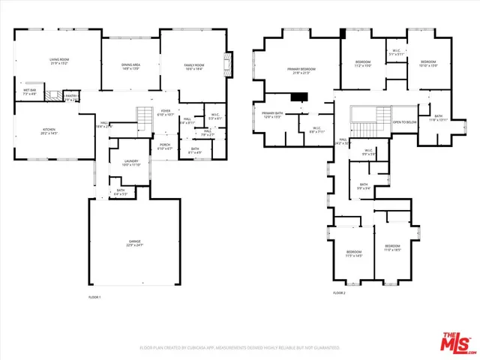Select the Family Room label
pos(194,67)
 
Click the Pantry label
pos(71,97)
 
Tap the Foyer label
pos(166,113)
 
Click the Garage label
pos(134,242)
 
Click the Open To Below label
pos(405,121)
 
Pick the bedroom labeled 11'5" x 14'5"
pos(353,253)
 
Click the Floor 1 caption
pos(94,298)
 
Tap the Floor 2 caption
pos(339,292)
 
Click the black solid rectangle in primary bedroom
pos(301,96)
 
